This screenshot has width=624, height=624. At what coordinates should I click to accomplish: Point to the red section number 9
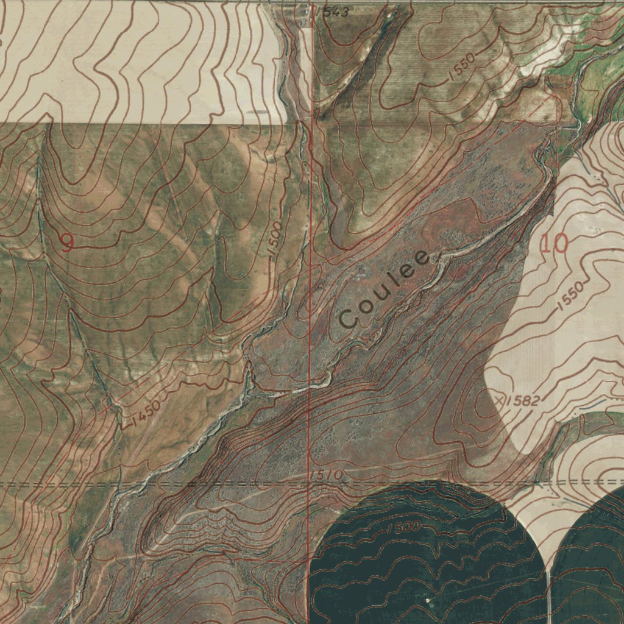(66, 243)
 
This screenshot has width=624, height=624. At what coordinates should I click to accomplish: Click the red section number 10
(555, 244)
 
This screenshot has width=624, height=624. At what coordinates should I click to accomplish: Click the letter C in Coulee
(349, 317)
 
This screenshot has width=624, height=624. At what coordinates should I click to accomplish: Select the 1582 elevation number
(523, 401)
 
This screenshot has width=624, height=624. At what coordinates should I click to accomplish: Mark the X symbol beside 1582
(500, 400)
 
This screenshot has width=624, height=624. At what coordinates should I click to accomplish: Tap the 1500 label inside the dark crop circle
(403, 526)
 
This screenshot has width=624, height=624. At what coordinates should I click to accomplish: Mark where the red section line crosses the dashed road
(309, 484)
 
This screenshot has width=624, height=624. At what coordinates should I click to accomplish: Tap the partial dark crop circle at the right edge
(594, 561)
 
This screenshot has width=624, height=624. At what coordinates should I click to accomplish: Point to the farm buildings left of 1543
(303, 18)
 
